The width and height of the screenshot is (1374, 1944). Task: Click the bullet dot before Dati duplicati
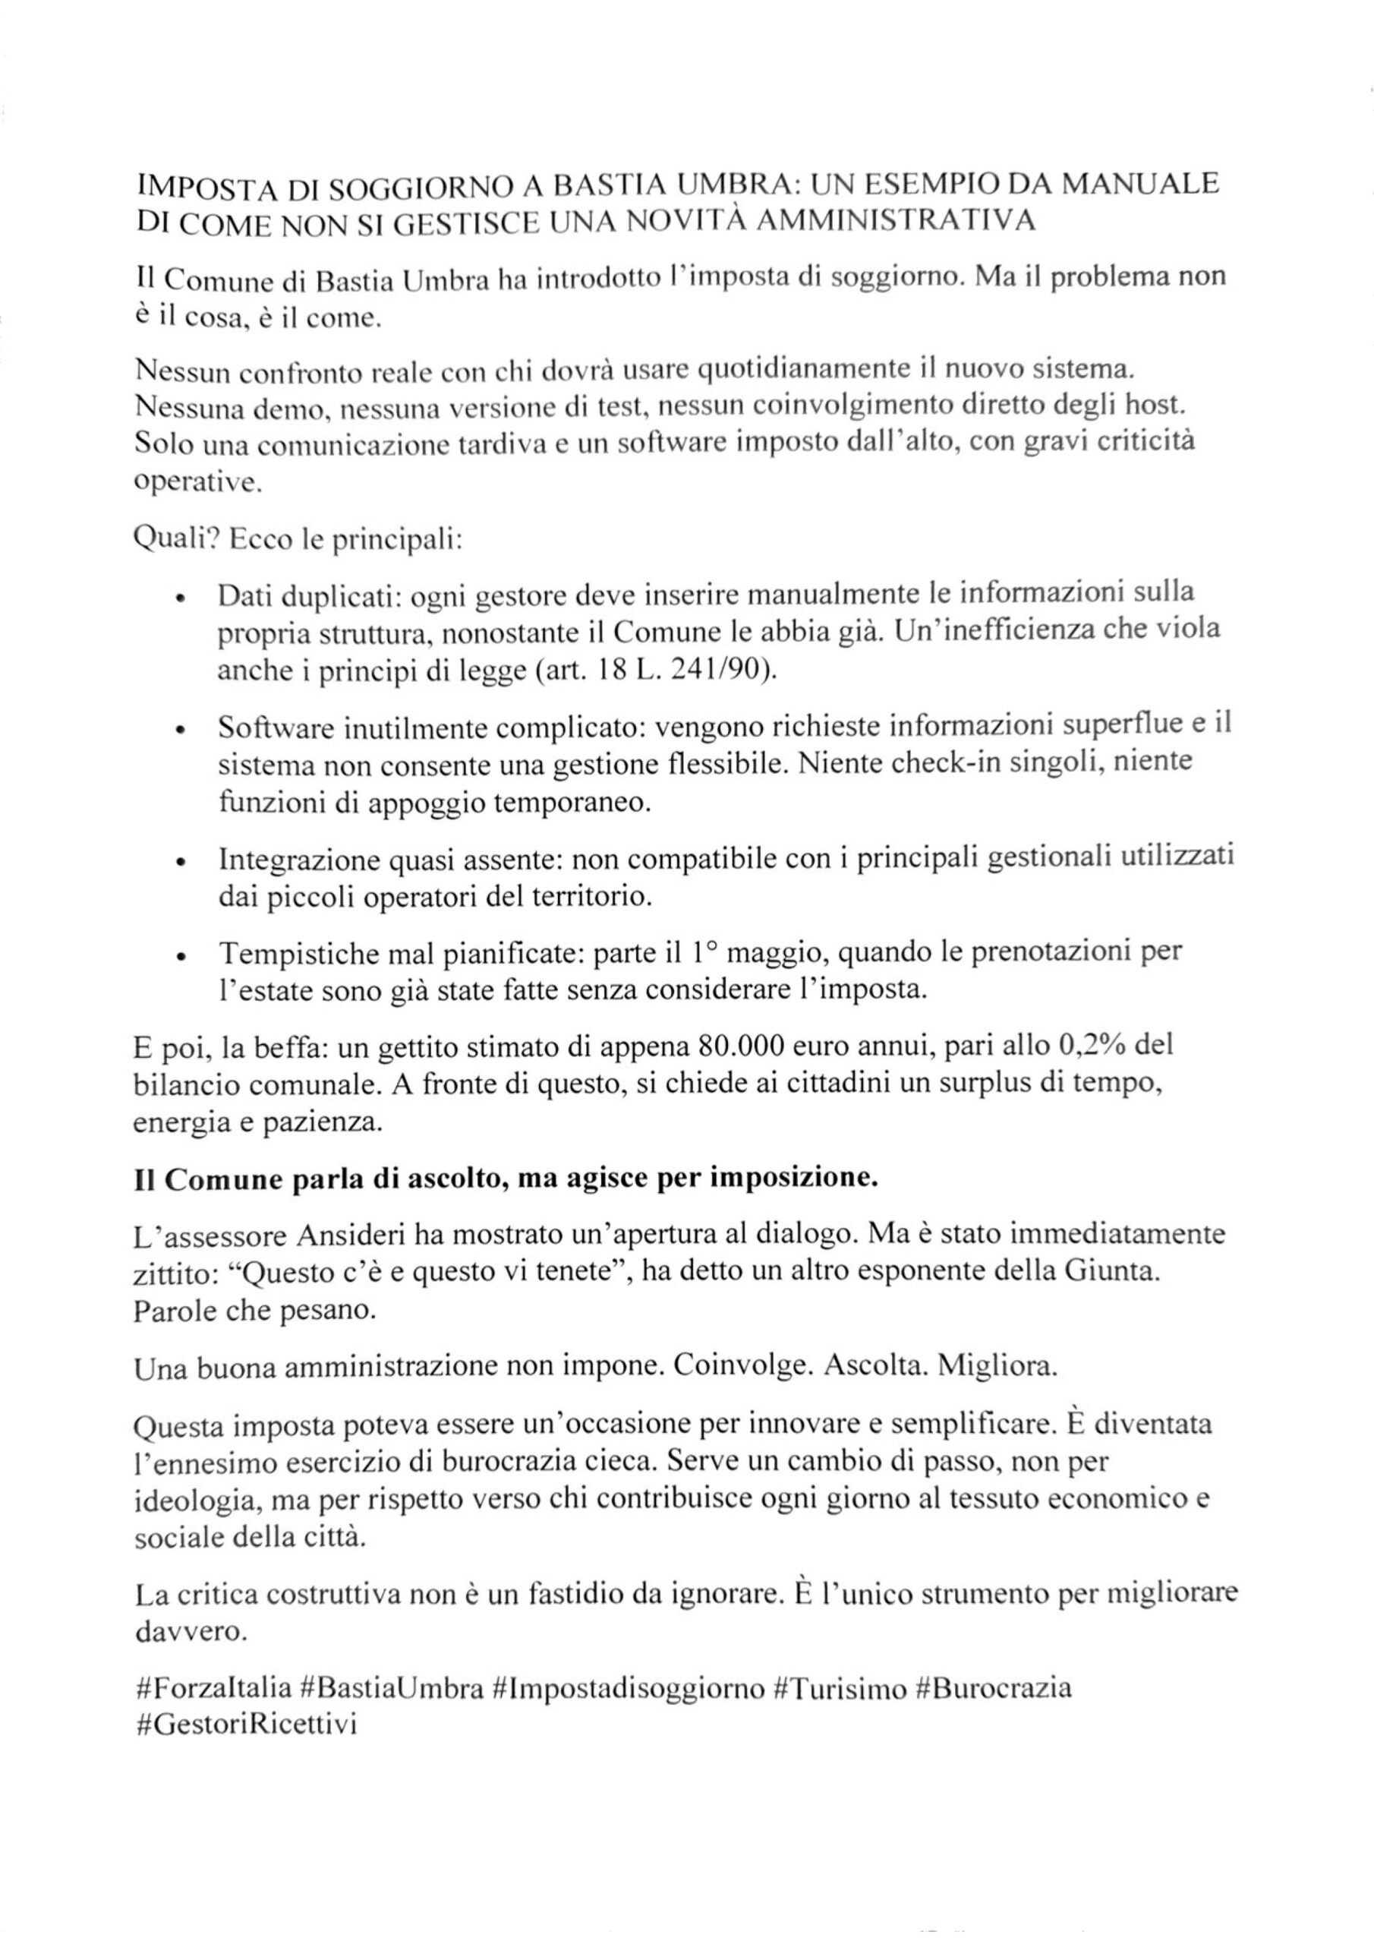coord(181,598)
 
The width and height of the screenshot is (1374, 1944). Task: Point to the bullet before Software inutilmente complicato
coord(181,731)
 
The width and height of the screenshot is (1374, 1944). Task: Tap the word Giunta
coord(1105,1273)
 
